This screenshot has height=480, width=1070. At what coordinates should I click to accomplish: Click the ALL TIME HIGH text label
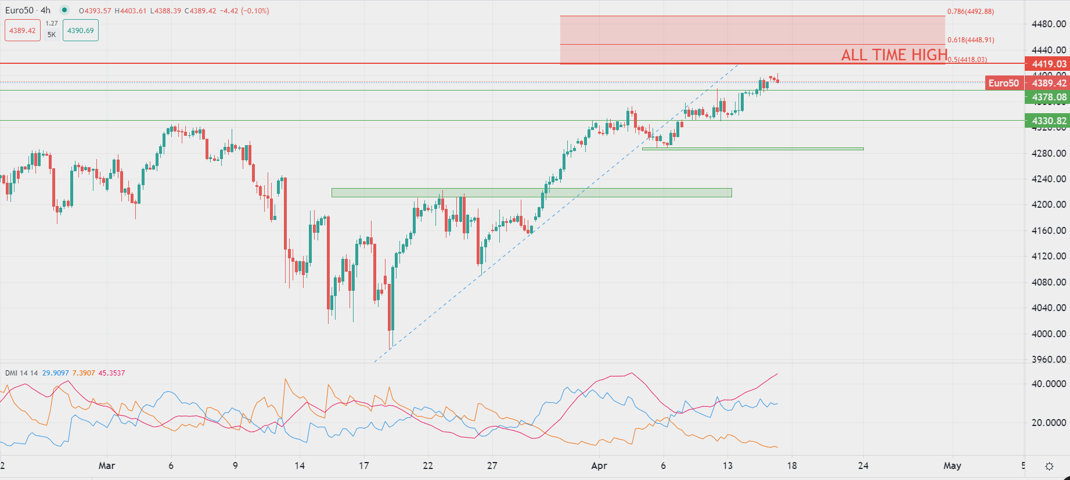coord(894,55)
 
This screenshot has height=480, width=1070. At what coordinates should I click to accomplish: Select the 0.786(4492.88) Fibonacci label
coord(970,12)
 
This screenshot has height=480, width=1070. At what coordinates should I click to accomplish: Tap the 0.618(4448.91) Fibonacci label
coord(970,40)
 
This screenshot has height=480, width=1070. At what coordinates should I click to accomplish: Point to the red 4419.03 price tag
coord(1049,64)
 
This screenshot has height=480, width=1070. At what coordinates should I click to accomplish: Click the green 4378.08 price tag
coord(1049,97)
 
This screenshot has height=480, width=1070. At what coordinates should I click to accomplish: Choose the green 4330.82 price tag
coord(1049,121)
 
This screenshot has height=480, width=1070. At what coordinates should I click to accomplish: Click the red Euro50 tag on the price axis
coord(1003,83)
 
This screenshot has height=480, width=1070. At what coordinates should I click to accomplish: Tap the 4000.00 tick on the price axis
coord(1049,334)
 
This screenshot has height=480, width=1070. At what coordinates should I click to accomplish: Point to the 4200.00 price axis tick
coord(1049,204)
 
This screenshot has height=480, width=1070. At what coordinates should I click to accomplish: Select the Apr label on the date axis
coord(599,465)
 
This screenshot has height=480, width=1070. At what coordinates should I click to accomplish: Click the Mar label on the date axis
coord(107,465)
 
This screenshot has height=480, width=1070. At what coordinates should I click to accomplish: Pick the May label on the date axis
coord(952,465)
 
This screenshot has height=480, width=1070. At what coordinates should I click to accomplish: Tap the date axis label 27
coord(492,465)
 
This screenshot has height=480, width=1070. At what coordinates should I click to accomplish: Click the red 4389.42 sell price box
coord(22,31)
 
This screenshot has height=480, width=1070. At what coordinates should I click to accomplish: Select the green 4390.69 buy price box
coord(80,31)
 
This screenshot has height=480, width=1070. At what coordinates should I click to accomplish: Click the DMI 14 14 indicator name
coord(21,373)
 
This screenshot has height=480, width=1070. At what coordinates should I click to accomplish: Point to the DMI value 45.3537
coord(111,373)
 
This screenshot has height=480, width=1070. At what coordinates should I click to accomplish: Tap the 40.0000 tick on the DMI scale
coord(1049,384)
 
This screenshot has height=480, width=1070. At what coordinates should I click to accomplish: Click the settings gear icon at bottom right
coord(1049,466)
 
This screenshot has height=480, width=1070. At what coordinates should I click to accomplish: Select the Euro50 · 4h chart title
coord(28,10)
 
